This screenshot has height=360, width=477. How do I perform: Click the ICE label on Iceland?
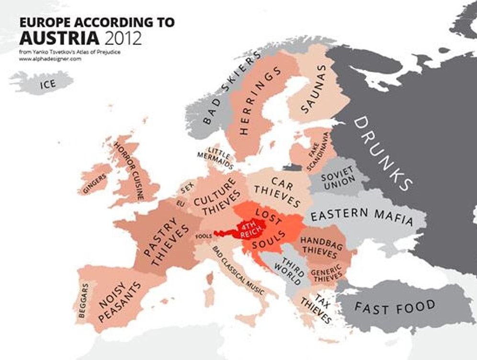[x=48, y=84]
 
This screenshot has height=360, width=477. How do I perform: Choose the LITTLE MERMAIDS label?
[x=216, y=157]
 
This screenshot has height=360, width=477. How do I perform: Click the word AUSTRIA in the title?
[x=59, y=37]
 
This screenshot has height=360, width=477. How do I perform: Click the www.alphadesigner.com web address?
[x=50, y=59]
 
